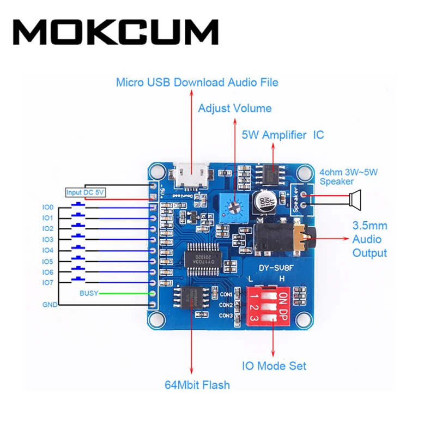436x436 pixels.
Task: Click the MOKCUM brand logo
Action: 116,32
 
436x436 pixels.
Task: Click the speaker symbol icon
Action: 355,200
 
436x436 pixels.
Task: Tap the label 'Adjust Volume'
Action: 234,108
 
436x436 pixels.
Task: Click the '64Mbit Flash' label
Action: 197,385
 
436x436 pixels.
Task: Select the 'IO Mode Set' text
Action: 274,366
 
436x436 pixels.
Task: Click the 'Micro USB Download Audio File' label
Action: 197,82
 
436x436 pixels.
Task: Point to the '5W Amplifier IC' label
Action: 282,134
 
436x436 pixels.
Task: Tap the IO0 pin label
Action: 48,207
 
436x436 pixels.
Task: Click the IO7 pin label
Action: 48,282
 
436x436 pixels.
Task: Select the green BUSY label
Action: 89,293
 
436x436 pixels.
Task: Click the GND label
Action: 49,305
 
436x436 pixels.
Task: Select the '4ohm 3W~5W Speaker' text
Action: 349,177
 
